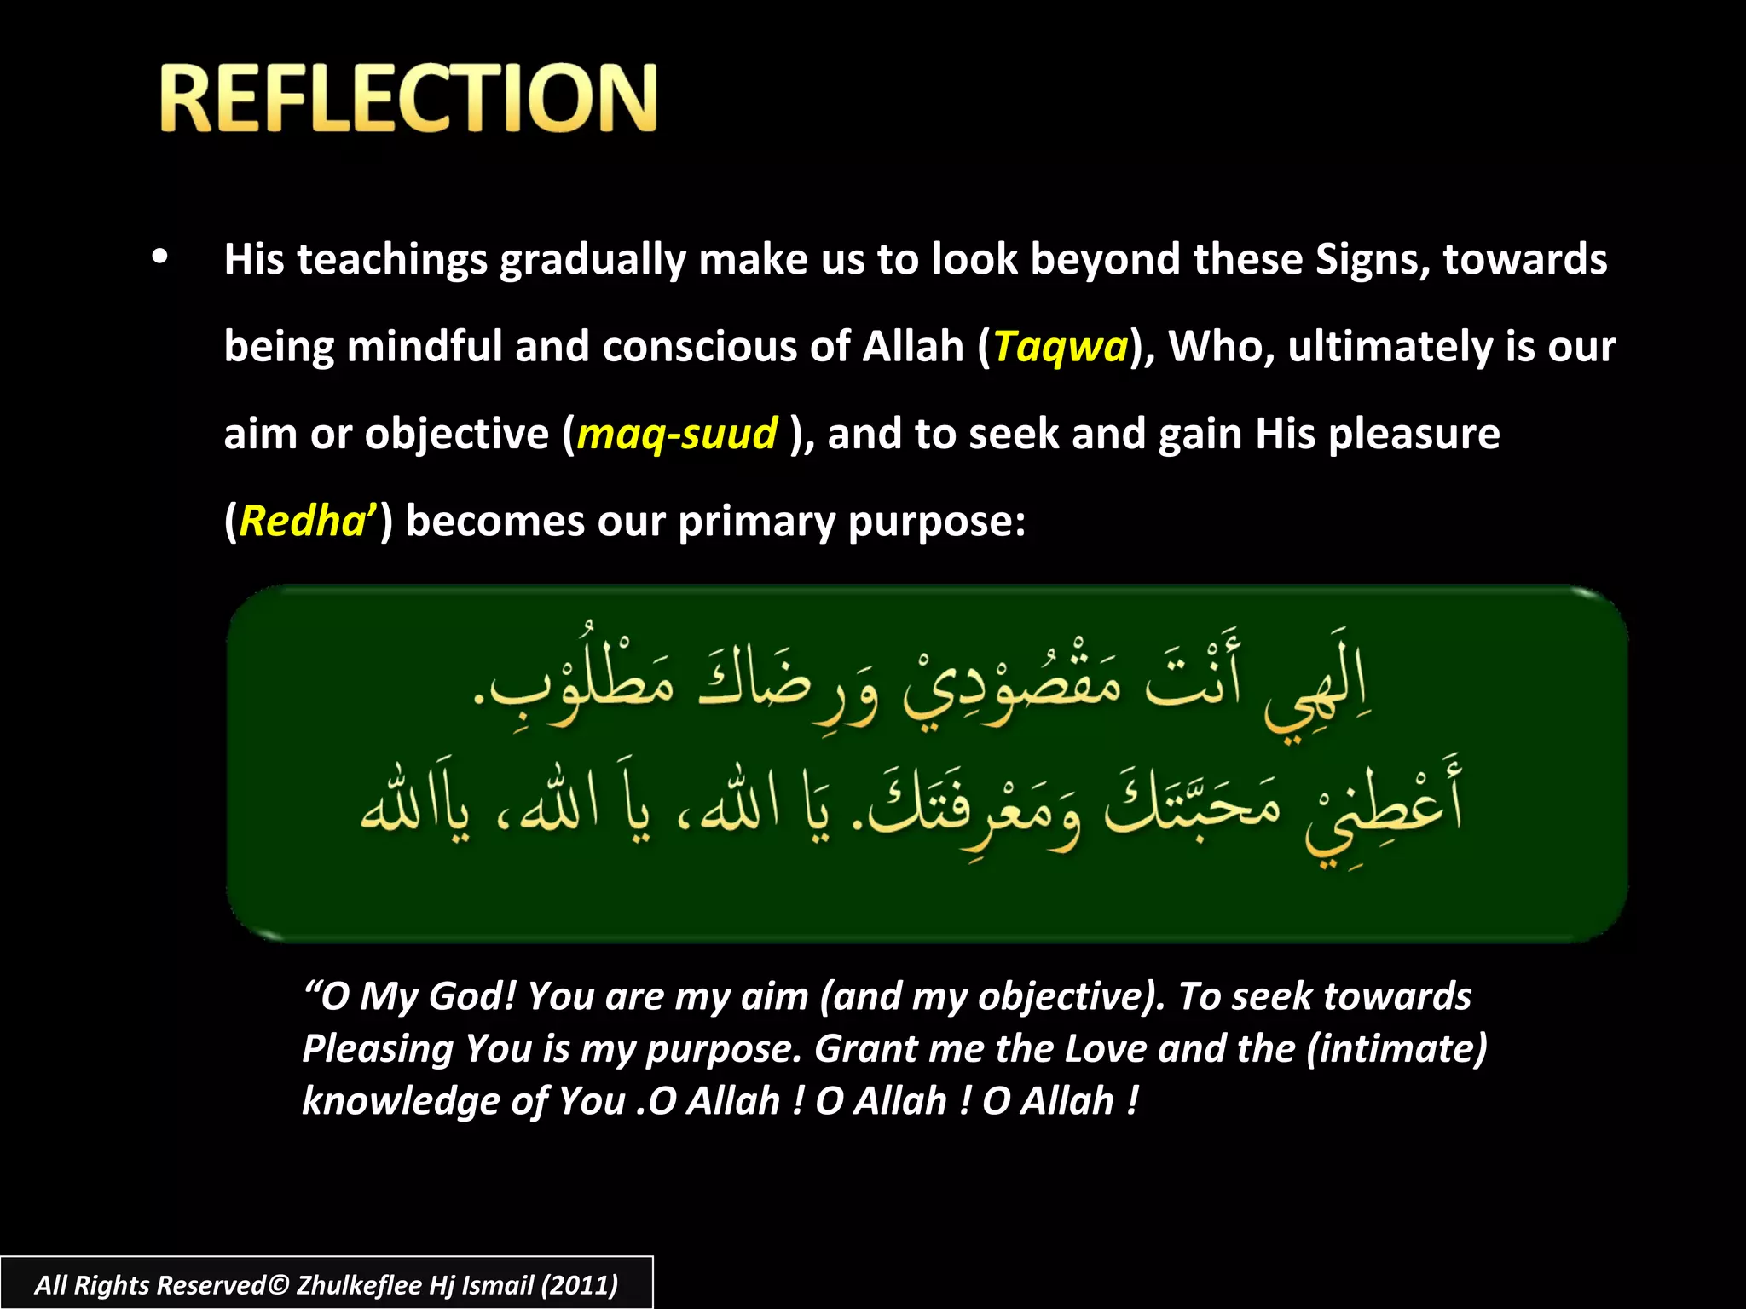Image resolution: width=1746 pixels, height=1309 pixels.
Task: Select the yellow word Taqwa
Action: click(x=1060, y=347)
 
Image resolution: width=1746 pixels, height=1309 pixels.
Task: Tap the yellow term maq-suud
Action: click(x=677, y=434)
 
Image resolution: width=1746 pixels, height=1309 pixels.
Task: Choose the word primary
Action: click(x=756, y=522)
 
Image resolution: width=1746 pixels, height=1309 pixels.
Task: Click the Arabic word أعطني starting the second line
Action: click(x=1381, y=810)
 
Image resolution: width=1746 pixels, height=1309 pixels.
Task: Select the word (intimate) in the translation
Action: click(x=1396, y=1048)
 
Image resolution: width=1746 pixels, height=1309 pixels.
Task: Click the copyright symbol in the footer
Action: click(x=279, y=1285)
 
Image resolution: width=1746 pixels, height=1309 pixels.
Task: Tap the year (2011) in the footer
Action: click(x=579, y=1285)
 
